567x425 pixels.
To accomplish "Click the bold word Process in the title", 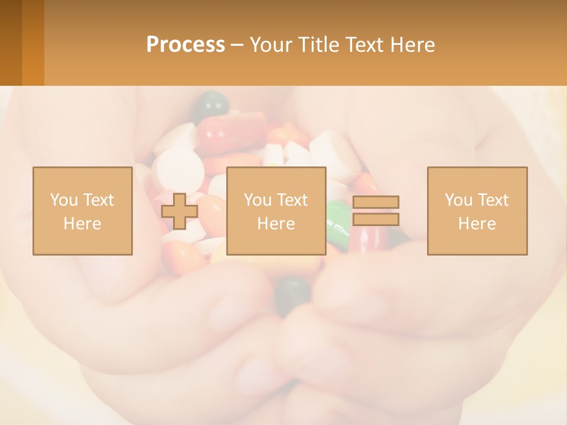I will click(185, 44).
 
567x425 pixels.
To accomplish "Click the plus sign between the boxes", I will click(180, 211).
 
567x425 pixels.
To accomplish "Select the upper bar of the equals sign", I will click(376, 202).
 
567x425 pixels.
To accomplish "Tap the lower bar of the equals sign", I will click(376, 220).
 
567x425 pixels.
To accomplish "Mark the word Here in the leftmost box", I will click(82, 224).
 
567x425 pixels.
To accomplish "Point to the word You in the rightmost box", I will click(458, 200).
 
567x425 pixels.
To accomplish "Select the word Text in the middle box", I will click(292, 200).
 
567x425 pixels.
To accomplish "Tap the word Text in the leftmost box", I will click(99, 200).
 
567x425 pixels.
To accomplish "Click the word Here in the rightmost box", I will click(477, 224).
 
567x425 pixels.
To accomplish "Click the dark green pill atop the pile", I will click(211, 104).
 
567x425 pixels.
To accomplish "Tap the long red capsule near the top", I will click(232, 132).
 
